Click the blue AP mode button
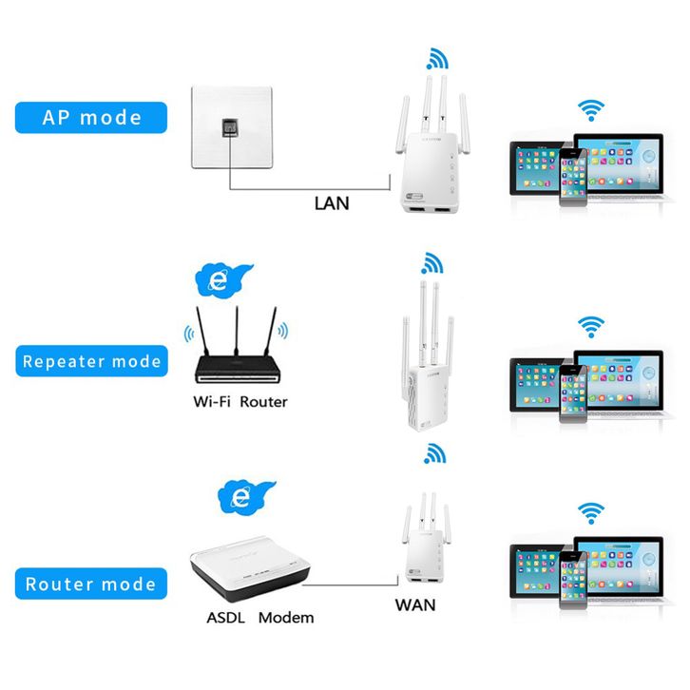tap(91, 118)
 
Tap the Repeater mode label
tap(91, 361)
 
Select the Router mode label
tap(91, 584)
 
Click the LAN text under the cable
tap(332, 203)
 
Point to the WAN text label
tap(415, 605)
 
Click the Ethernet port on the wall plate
tap(230, 127)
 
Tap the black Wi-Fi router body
tap(238, 370)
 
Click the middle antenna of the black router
tap(237, 331)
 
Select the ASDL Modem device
tap(250, 568)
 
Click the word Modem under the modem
tap(286, 618)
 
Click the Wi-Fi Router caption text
tap(240, 402)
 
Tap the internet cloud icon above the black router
tap(223, 280)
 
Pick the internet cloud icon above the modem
tap(246, 497)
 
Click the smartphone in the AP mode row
tap(573, 178)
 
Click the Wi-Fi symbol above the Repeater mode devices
tap(591, 327)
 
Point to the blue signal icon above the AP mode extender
tap(437, 59)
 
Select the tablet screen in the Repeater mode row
tap(536, 384)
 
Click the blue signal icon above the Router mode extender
tap(434, 453)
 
